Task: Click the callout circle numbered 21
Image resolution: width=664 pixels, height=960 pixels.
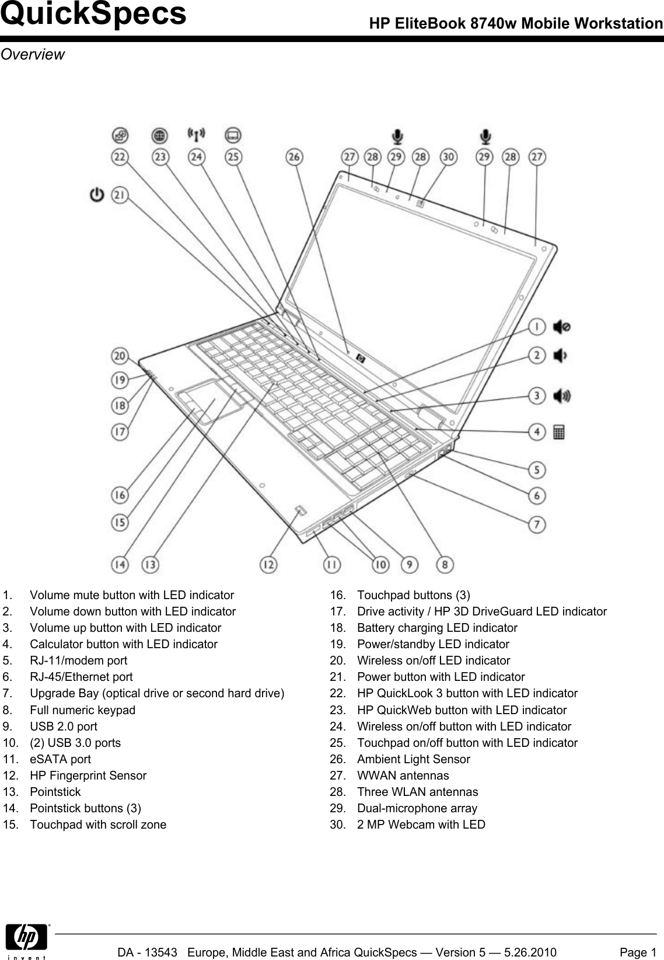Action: (120, 195)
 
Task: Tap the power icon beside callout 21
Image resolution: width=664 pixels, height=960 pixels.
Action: (97, 194)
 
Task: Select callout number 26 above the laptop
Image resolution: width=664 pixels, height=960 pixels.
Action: (294, 157)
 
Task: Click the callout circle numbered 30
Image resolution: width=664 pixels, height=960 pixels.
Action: (448, 157)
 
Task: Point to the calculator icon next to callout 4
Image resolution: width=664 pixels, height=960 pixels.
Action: (558, 433)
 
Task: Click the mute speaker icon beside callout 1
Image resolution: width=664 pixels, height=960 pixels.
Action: (561, 327)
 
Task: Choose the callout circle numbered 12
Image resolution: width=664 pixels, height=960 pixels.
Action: (268, 565)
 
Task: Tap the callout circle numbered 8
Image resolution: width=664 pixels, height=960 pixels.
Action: (445, 565)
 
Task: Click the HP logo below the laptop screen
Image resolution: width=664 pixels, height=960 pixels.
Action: (360, 359)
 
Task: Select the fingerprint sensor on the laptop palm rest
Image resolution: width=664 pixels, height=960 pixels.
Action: (300, 512)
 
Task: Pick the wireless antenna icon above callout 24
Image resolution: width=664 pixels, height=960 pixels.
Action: (196, 135)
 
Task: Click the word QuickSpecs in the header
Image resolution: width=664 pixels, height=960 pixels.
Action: (93, 15)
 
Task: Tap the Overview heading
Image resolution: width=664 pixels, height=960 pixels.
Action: (33, 54)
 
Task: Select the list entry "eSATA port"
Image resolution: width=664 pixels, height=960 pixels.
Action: (60, 759)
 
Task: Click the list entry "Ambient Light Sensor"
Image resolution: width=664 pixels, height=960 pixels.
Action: (413, 759)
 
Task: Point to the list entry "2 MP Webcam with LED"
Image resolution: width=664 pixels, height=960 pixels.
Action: (421, 825)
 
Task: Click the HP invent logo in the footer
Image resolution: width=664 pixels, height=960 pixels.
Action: (26, 941)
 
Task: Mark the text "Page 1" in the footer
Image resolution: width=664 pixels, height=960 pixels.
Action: (638, 952)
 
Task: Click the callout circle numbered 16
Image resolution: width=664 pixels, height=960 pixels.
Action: (120, 496)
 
